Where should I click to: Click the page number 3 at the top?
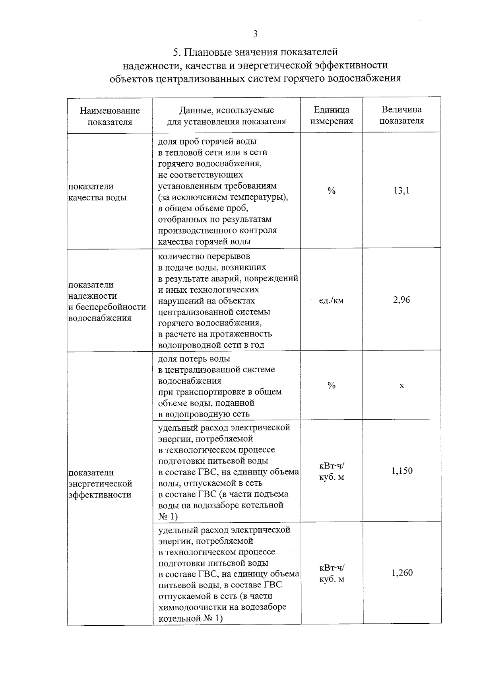[x=255, y=34]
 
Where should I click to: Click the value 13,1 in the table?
[x=401, y=191]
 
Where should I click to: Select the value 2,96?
[x=401, y=300]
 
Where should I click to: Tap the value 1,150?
[x=402, y=471]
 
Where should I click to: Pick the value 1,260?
[x=402, y=573]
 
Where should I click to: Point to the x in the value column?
[x=402, y=385]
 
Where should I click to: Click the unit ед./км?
[x=332, y=300]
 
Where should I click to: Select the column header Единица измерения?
[x=332, y=115]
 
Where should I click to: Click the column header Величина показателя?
[x=401, y=115]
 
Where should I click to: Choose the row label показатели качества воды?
[x=97, y=192]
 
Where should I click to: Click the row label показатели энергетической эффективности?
[x=100, y=483]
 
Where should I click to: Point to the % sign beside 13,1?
[x=332, y=191]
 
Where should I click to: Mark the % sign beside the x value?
[x=332, y=385]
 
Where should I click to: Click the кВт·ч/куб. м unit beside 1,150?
[x=332, y=471]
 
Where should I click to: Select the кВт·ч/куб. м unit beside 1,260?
[x=332, y=574]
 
